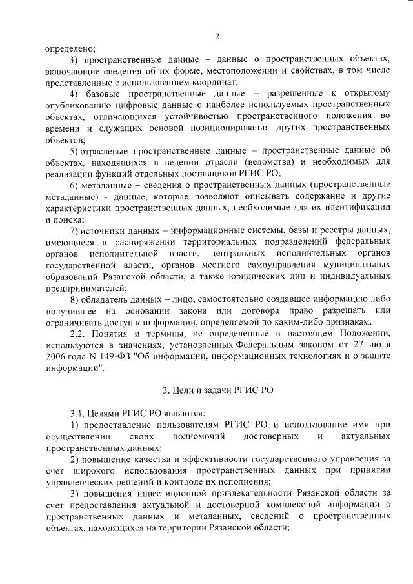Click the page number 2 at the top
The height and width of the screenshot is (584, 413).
(217, 36)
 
